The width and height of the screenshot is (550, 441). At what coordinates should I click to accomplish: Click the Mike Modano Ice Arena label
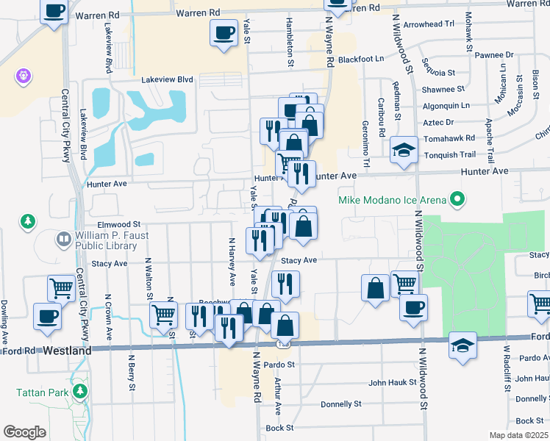392,199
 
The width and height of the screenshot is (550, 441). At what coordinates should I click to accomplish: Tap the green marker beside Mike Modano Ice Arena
458,199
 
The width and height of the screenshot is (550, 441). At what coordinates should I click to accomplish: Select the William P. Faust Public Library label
111,240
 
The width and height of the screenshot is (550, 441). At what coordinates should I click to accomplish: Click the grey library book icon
63,239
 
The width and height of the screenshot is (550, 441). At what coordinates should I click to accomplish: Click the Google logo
24,432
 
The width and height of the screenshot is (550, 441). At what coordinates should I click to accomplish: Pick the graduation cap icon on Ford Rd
463,344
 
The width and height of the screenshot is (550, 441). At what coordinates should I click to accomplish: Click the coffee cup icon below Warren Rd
224,32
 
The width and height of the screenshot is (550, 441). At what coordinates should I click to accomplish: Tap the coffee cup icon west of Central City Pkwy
49,316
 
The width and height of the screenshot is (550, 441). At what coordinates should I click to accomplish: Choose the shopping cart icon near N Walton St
163,315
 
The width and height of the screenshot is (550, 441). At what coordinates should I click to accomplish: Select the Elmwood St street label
118,223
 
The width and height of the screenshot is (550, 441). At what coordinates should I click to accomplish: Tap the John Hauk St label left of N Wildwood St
387,382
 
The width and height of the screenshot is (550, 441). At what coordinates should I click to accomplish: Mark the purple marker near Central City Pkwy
23,76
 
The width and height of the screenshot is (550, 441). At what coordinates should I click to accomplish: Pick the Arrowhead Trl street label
429,24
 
